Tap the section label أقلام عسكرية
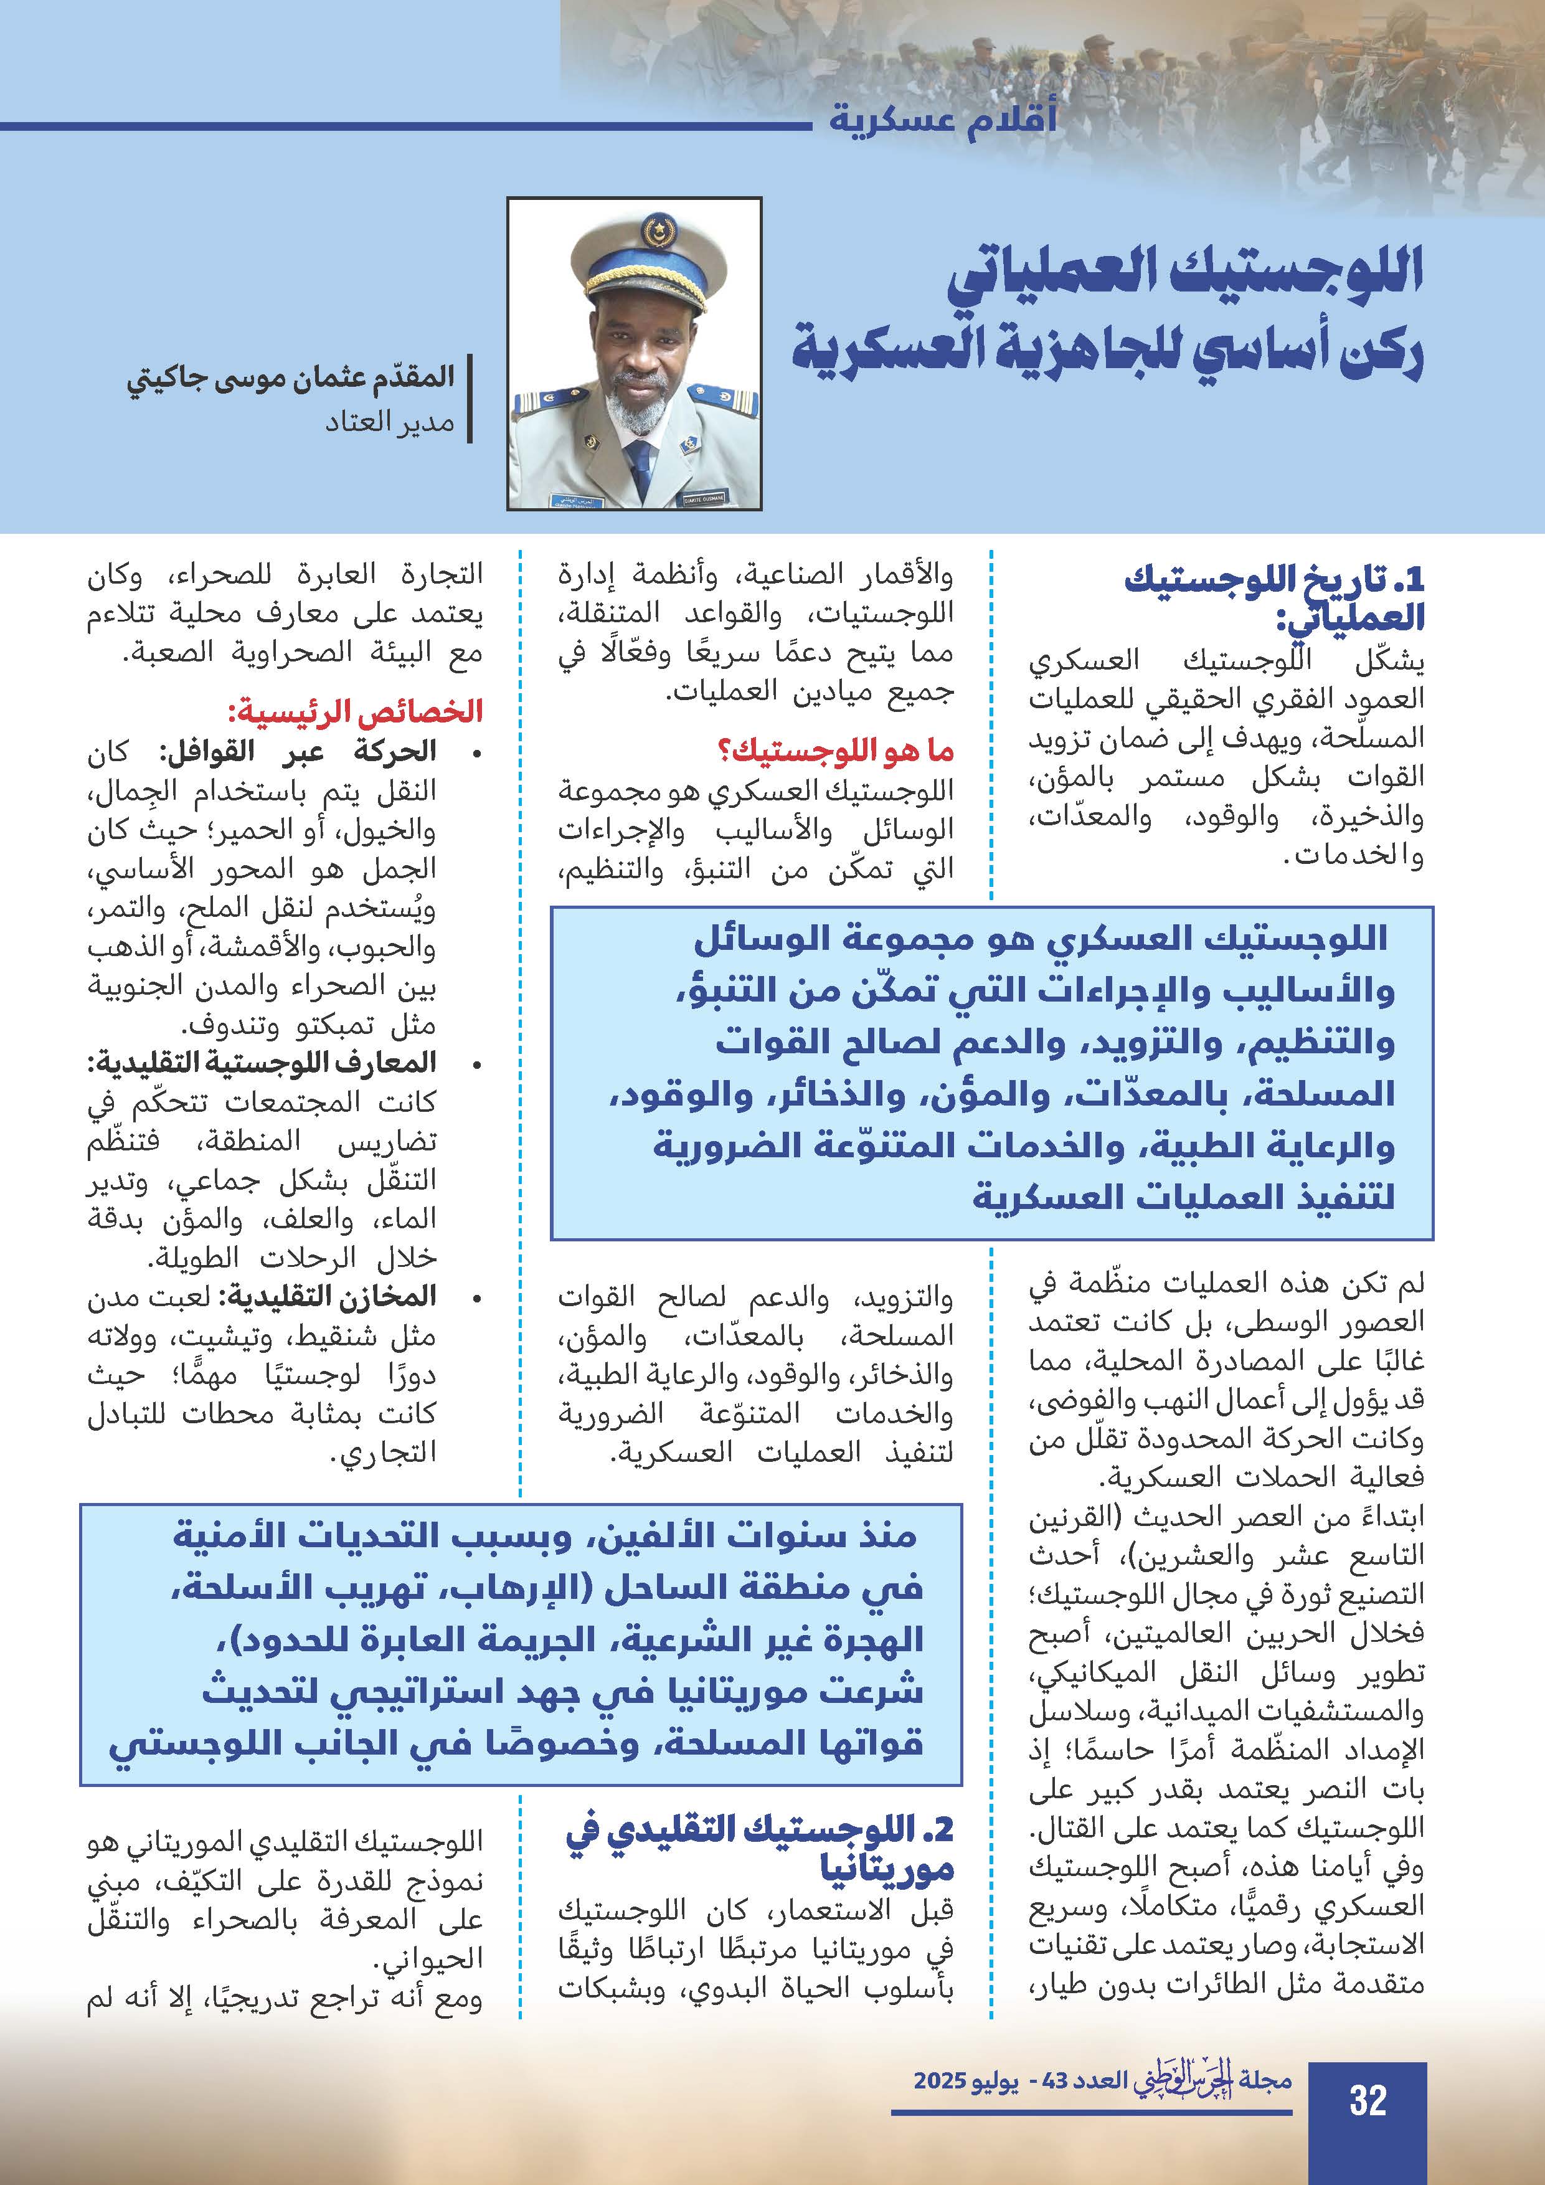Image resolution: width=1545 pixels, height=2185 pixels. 942,120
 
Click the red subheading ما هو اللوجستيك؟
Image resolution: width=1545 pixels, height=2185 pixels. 834,752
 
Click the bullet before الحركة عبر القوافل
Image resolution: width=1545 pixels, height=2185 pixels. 476,754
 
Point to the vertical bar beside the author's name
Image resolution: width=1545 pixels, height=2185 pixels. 470,400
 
